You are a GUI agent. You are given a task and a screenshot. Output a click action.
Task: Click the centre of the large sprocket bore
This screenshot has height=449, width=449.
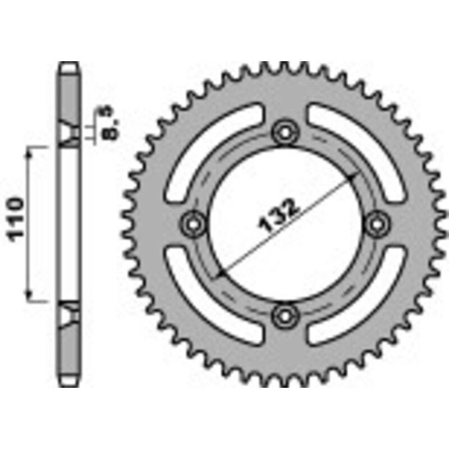tap(285, 224)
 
